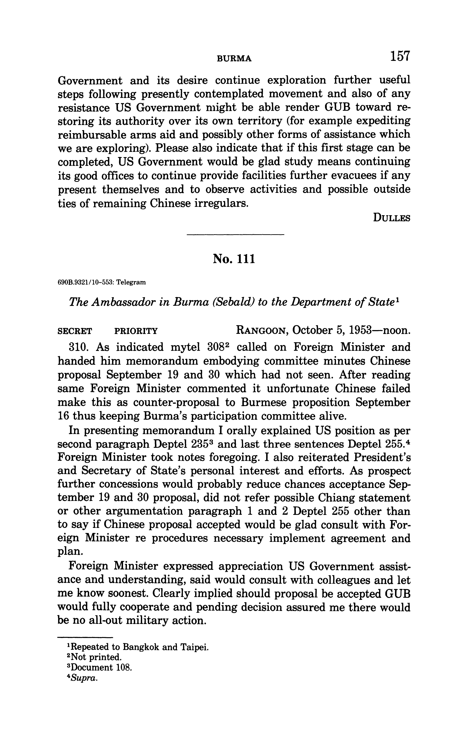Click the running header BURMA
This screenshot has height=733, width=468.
point(234,59)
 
